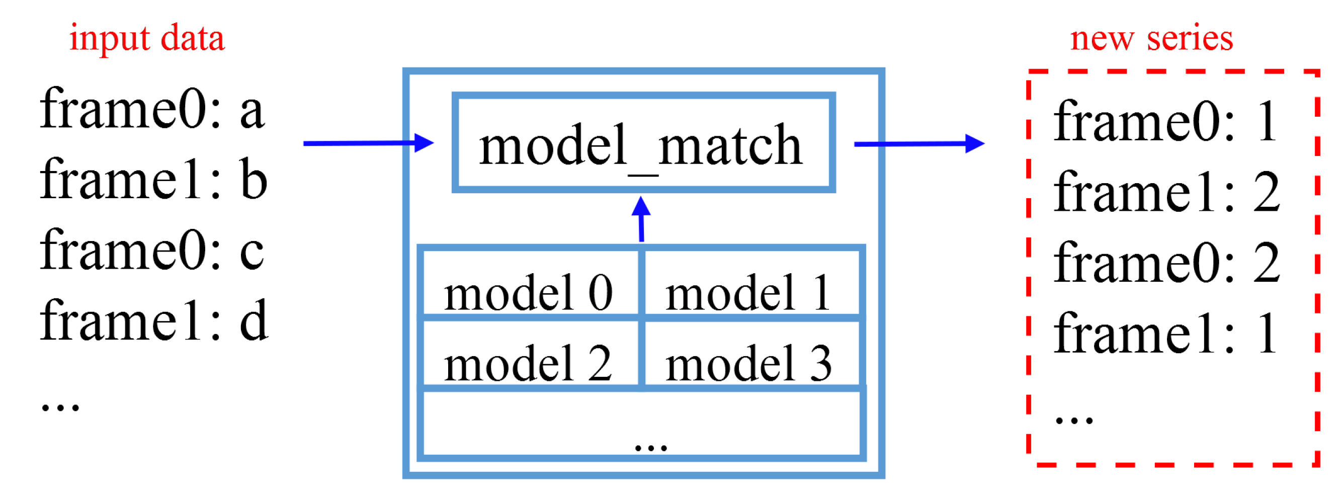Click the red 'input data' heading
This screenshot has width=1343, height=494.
147,39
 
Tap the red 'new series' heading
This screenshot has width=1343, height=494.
1151,39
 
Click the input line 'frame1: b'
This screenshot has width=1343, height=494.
153,180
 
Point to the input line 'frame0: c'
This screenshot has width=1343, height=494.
152,251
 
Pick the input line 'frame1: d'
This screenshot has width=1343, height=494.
154,321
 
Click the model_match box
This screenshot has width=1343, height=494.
643,143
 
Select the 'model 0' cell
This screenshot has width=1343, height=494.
529,292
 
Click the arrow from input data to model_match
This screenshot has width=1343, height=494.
368,143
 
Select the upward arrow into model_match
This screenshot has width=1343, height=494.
641,219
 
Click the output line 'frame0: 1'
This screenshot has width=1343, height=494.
1165,122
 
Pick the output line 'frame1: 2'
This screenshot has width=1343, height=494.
1166,192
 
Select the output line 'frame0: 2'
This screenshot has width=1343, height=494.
1166,263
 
